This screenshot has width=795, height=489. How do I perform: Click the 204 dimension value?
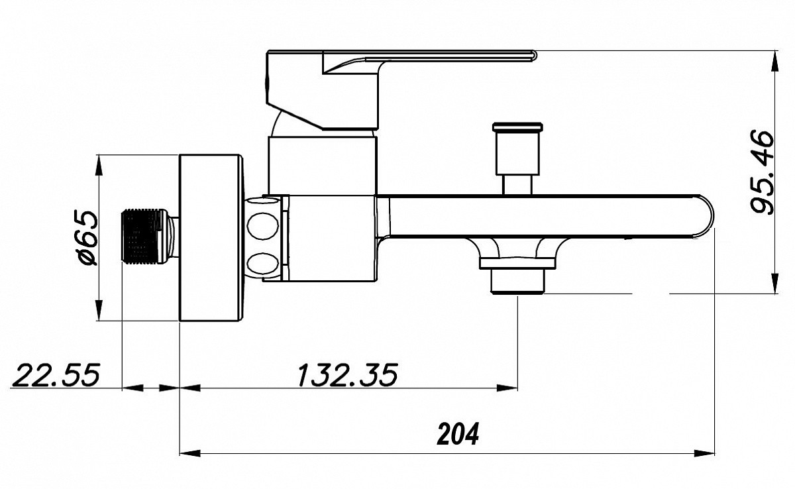tap(458, 433)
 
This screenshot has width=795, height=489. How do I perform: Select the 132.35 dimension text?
tap(347, 375)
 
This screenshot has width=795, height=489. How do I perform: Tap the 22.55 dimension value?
tap(56, 375)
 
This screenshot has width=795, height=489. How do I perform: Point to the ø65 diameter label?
tap(87, 237)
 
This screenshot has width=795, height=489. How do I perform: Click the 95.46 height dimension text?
tap(762, 172)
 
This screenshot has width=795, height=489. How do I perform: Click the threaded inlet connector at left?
tap(149, 236)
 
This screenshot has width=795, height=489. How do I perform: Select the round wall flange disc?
tap(211, 238)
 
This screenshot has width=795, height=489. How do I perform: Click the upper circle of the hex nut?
tap(262, 225)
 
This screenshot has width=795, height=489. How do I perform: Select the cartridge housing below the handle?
tap(322, 166)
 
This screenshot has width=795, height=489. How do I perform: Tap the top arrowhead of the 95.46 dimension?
tap(776, 61)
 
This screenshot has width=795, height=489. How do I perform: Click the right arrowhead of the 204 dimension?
tap(704, 453)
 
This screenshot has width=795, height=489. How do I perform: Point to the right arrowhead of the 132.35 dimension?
tap(507, 388)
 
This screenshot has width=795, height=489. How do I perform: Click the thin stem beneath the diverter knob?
tap(517, 185)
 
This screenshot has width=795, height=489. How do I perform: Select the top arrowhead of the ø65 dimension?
tap(99, 165)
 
